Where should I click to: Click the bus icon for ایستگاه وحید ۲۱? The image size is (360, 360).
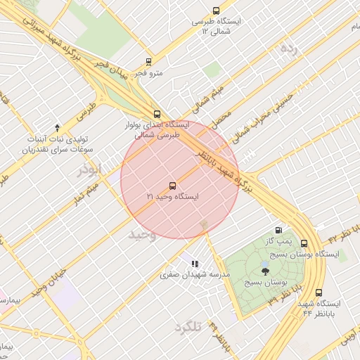tap(173, 186)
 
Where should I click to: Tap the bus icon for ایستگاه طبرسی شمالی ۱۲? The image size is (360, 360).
tap(215, 11)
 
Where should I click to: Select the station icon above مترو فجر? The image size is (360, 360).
tap(148, 62)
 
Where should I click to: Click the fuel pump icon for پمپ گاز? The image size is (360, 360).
tap(280, 230)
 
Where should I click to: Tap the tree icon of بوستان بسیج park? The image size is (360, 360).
tap(264, 270)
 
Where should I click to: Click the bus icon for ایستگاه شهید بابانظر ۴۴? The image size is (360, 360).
tap(319, 292)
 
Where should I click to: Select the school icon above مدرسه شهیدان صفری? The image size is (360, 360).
tap(193, 264)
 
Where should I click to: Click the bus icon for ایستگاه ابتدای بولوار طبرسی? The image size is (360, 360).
tap(156, 113)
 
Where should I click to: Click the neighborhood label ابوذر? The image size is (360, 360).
tap(90, 169)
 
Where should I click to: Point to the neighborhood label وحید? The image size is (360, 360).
tap(141, 234)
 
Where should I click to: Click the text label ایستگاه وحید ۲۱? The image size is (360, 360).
tap(173, 198)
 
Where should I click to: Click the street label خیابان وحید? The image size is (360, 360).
tap(53, 281)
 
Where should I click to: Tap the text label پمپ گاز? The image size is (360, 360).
tap(278, 241)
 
